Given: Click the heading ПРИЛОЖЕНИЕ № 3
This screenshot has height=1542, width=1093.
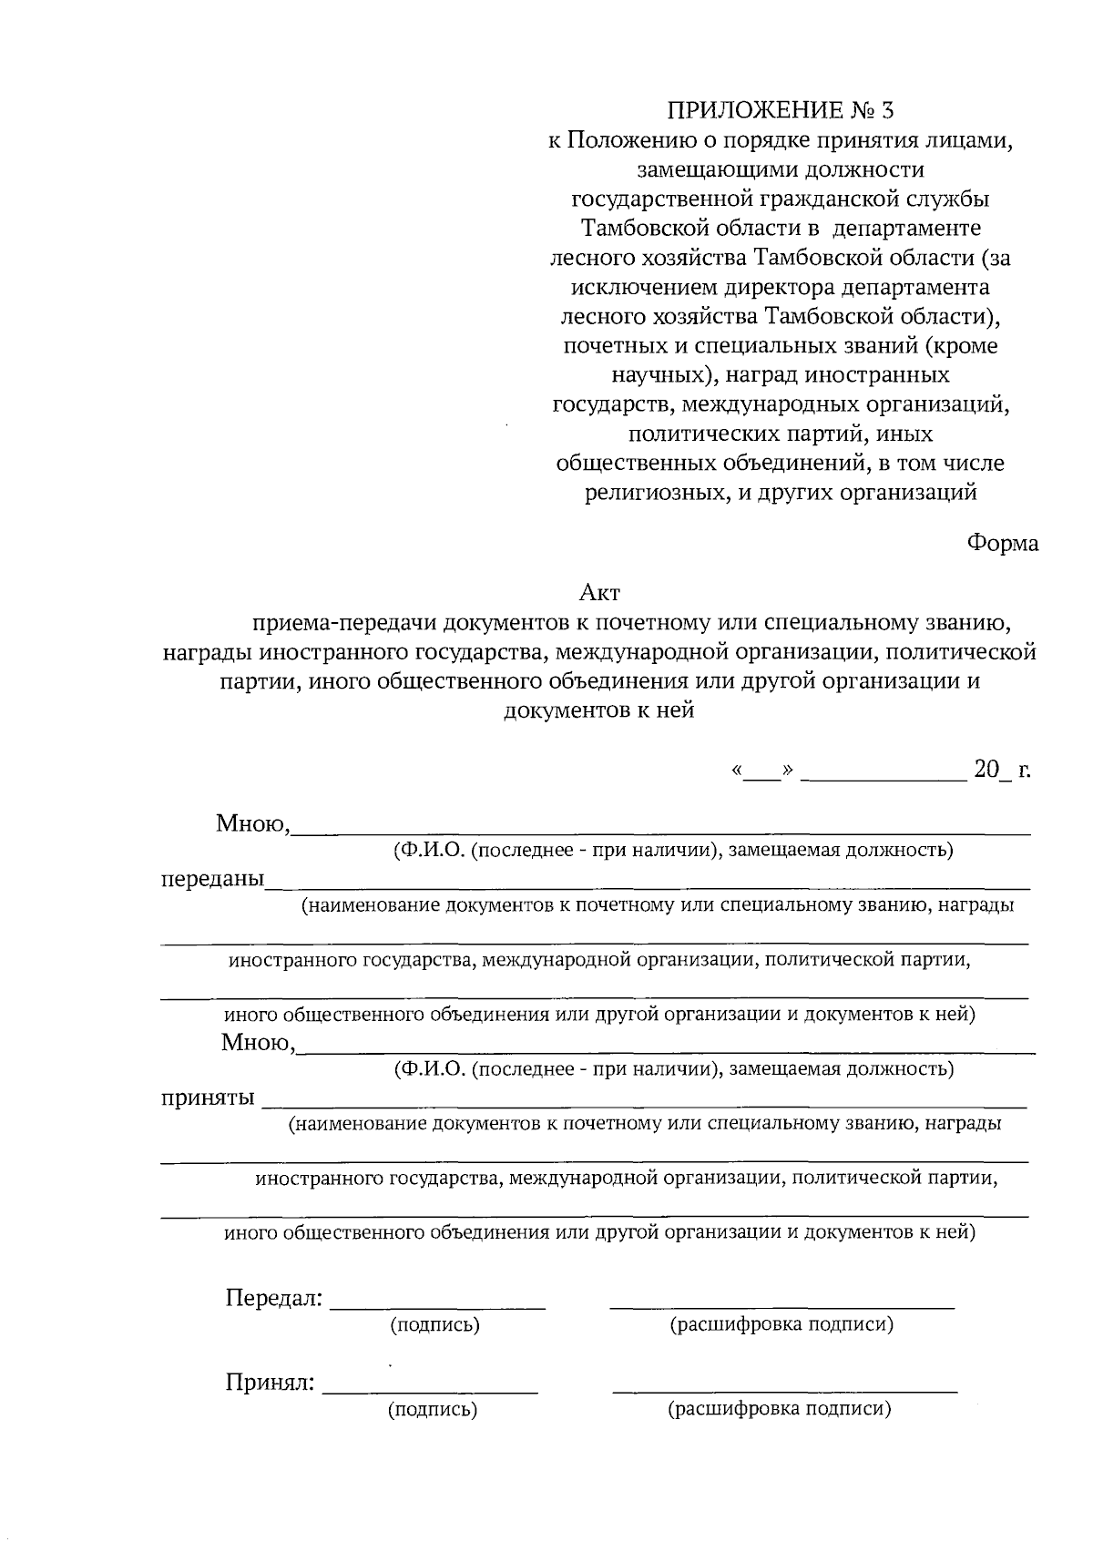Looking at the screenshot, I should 781,111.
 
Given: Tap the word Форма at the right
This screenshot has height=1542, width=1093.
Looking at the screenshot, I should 1002,544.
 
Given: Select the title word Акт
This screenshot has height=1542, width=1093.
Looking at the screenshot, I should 599,593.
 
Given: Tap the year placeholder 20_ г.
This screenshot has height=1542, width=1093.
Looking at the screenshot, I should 1002,770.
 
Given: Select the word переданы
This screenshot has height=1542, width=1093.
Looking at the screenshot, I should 212,880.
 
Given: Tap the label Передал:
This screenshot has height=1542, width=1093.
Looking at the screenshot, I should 274,1297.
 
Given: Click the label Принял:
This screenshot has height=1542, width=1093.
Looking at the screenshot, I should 271,1384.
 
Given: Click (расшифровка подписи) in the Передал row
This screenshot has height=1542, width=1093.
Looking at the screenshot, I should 781,1324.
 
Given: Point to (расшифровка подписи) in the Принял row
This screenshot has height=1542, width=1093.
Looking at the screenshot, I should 780,1410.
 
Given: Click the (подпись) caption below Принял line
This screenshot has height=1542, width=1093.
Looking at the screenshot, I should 433,1411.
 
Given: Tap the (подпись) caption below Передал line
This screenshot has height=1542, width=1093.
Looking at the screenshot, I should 434,1325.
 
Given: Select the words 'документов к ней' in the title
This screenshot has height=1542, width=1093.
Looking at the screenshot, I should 598,710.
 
